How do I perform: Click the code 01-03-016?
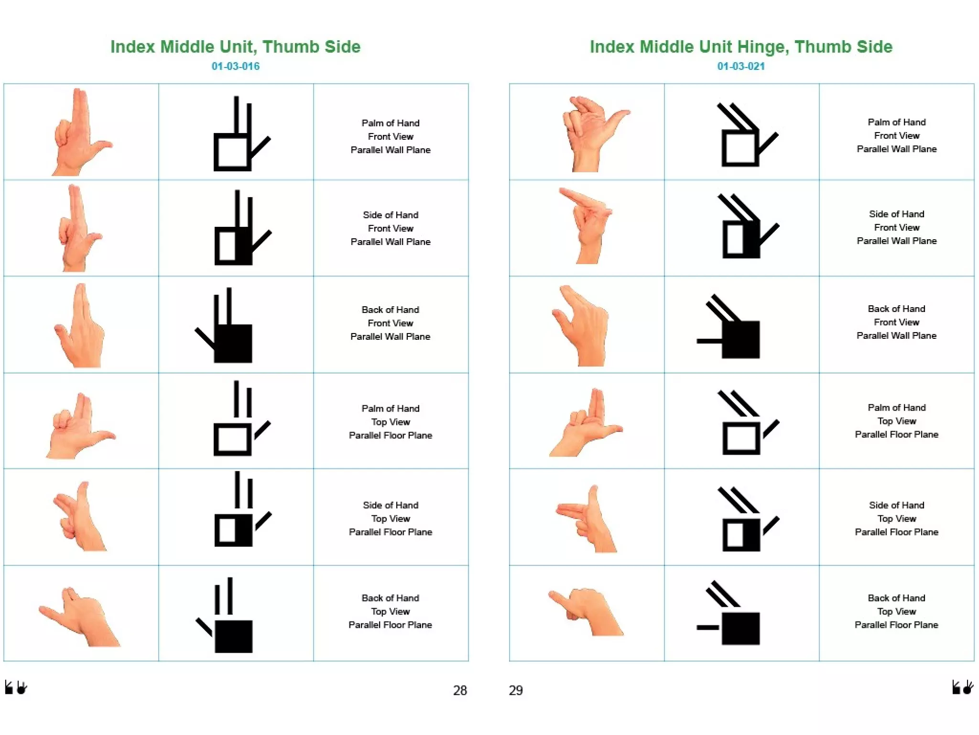click(x=235, y=66)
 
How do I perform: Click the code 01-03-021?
click(x=740, y=66)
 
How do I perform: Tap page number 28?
click(x=459, y=690)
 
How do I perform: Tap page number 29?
click(x=515, y=690)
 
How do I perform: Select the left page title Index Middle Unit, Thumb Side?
click(x=235, y=46)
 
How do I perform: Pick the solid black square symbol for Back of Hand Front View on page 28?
click(x=233, y=343)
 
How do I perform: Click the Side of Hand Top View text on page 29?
click(x=896, y=518)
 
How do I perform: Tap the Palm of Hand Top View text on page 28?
click(x=390, y=422)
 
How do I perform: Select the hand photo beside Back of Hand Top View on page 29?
click(x=586, y=612)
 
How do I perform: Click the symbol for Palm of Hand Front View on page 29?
click(x=746, y=135)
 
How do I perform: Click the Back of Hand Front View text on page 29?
click(x=896, y=322)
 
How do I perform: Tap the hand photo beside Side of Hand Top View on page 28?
click(x=79, y=517)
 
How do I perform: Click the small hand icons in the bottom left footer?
click(x=16, y=688)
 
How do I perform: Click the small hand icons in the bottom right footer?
click(x=962, y=687)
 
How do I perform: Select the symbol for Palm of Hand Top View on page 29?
click(x=746, y=423)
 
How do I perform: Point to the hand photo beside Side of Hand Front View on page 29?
click(x=586, y=226)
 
